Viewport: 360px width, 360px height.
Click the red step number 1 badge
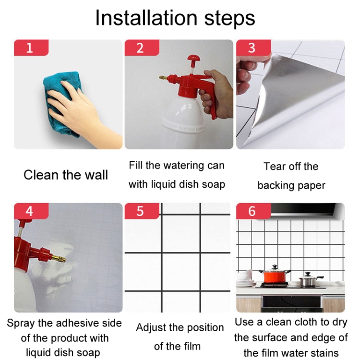click(31, 48)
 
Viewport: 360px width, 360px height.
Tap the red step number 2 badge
click(142, 48)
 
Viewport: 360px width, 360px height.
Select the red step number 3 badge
click(253, 48)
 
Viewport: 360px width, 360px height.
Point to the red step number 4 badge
click(31, 211)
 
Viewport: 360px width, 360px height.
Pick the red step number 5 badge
click(142, 211)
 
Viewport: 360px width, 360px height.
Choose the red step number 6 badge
click(253, 211)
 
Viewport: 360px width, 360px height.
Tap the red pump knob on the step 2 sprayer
click(193, 58)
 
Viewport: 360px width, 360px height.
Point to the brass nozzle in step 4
click(59, 259)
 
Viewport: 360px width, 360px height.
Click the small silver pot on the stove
click(309, 280)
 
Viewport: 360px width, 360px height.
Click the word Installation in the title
click(146, 18)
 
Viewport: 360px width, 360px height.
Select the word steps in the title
click(229, 19)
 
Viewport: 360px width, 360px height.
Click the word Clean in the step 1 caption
click(41, 175)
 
